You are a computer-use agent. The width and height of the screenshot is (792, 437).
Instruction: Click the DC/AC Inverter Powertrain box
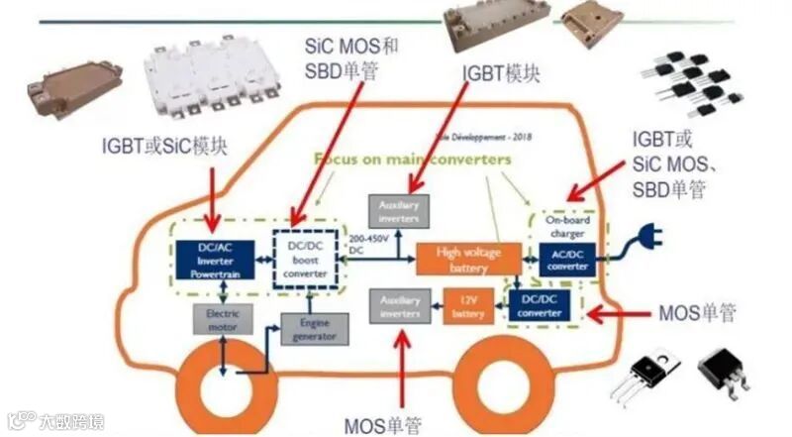(213, 259)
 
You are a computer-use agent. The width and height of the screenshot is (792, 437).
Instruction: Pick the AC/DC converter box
(567, 261)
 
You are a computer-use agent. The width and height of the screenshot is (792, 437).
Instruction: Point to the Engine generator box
(314, 328)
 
